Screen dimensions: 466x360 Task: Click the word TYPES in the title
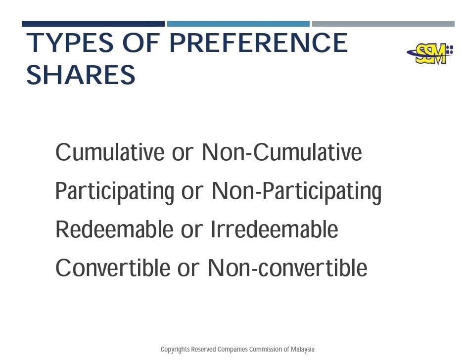click(x=70, y=43)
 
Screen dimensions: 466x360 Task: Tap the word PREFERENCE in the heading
click(x=259, y=43)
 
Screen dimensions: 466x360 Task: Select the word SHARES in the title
click(x=81, y=75)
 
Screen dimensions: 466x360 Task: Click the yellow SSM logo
click(x=430, y=53)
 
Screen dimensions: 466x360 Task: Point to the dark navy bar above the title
click(x=93, y=24)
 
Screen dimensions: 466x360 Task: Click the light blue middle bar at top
click(x=238, y=24)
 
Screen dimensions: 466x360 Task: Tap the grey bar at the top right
click(x=383, y=24)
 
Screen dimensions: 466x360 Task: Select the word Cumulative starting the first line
click(x=110, y=152)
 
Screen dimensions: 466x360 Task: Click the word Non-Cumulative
click(x=282, y=152)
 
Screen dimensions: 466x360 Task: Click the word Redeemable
click(x=114, y=229)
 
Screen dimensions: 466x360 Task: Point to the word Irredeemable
click(x=275, y=229)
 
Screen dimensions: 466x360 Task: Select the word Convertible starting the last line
click(x=113, y=268)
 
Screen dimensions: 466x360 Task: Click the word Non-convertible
click(x=287, y=268)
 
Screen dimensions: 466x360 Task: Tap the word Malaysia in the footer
click(x=303, y=350)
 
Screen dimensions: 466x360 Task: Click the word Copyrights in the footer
click(x=175, y=350)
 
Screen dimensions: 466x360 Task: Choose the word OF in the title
click(x=141, y=43)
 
